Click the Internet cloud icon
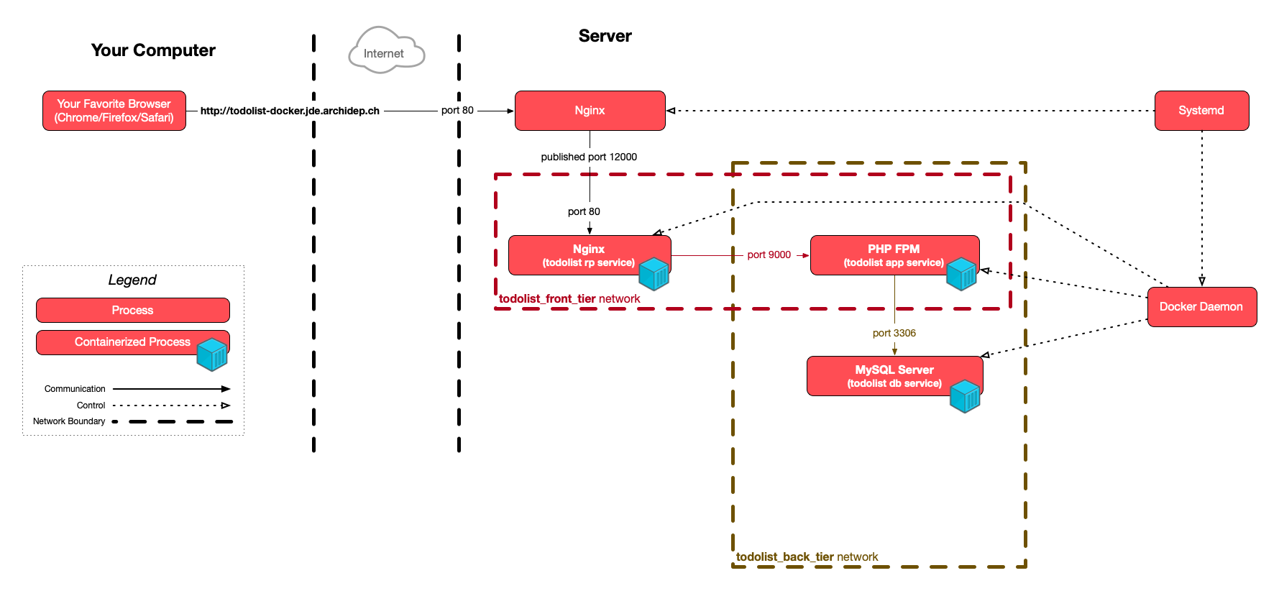pos(386,51)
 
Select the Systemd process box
pos(1201,111)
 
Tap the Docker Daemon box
pos(1201,307)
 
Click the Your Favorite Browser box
pos(114,111)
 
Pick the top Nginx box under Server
pos(590,111)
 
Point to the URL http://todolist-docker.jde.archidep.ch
pos(290,111)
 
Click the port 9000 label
pos(769,255)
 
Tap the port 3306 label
pos(894,333)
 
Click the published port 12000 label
pos(589,157)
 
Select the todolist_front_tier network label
pos(569,299)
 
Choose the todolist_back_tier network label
pos(807,557)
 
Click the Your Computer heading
pos(153,50)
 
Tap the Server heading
pos(605,36)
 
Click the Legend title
pos(132,280)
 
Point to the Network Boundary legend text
pos(69,421)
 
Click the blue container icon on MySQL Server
pos(964,396)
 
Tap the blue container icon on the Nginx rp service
pos(654,274)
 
